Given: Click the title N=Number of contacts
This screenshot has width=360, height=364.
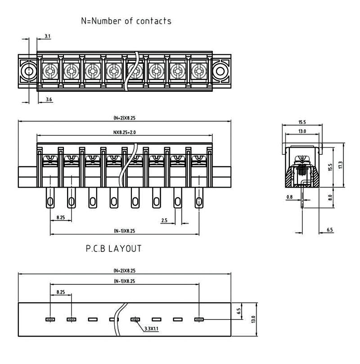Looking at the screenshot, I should [x=126, y=21].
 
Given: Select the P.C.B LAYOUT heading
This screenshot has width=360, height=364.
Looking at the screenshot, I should [x=113, y=248].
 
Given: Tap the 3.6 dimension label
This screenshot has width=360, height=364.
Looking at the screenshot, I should [x=49, y=99].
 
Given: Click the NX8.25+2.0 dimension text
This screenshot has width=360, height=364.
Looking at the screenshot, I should [x=124, y=133].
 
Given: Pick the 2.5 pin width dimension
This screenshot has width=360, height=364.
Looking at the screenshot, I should [x=165, y=220].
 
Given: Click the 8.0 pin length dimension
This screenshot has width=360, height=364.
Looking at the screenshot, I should [x=330, y=197].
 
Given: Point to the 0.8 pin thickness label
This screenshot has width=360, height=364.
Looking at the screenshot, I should [x=289, y=197].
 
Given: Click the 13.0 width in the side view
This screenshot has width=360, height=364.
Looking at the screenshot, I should [x=301, y=131].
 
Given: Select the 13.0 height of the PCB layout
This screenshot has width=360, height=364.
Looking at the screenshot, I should [x=254, y=319].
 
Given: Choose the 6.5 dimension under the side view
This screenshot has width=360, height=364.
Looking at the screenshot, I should [x=329, y=230].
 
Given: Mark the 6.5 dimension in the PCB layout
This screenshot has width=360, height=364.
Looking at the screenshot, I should [x=239, y=311].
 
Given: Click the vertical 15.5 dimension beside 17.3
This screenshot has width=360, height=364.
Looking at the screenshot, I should [x=330, y=167].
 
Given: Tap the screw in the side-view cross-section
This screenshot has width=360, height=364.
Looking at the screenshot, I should [x=302, y=170].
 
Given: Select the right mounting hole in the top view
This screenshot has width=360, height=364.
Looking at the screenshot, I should [x=220, y=71].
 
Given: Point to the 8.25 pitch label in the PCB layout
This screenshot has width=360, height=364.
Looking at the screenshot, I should [x=61, y=292].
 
